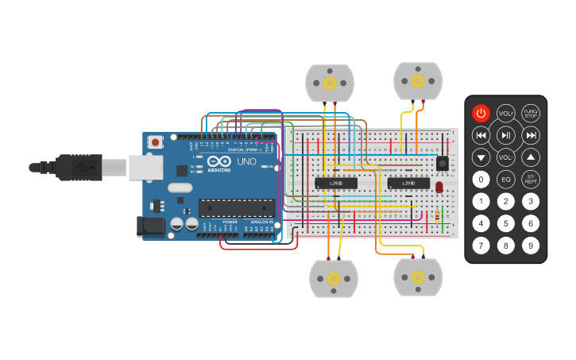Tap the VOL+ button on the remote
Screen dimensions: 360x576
[x=505, y=113]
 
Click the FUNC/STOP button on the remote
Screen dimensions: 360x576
[x=531, y=113]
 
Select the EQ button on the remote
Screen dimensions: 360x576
[x=505, y=179]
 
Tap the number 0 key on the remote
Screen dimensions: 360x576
[x=481, y=179]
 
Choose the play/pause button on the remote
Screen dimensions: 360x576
[x=505, y=135]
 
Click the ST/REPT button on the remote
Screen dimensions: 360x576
[x=531, y=179]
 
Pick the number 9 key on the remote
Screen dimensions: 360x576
[x=531, y=246]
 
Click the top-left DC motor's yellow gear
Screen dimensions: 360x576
[x=330, y=82]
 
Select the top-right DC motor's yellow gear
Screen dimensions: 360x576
[x=417, y=80]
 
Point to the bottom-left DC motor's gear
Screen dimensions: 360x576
[x=334, y=279]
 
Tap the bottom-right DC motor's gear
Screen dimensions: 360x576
[x=418, y=277]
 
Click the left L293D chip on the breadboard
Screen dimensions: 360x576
[x=335, y=184]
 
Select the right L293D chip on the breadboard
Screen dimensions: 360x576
[x=408, y=184]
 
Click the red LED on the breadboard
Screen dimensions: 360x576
[x=439, y=188]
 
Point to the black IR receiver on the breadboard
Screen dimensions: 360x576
[x=442, y=163]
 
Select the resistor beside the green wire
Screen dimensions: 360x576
[x=438, y=216]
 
